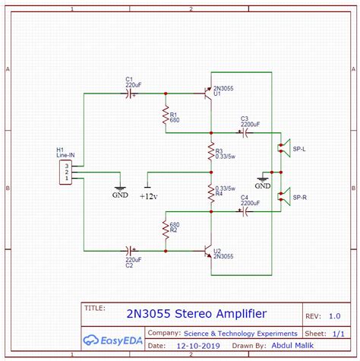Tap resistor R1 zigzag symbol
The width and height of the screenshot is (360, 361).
pyautogui.click(x=164, y=115)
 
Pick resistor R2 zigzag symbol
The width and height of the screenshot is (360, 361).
pyautogui.click(x=164, y=229)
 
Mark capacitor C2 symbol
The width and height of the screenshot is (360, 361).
pyautogui.click(x=129, y=249)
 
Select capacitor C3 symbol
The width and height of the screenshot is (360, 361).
pyautogui.click(x=245, y=133)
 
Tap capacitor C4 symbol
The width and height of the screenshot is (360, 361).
pyautogui.click(x=245, y=212)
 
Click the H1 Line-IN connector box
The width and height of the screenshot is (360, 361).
pyautogui.click(x=67, y=173)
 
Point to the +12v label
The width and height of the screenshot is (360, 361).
pyautogui.click(x=148, y=196)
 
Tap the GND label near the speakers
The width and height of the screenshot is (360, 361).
pyautogui.click(x=263, y=185)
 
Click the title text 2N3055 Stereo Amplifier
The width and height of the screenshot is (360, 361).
pyautogui.click(x=197, y=314)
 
